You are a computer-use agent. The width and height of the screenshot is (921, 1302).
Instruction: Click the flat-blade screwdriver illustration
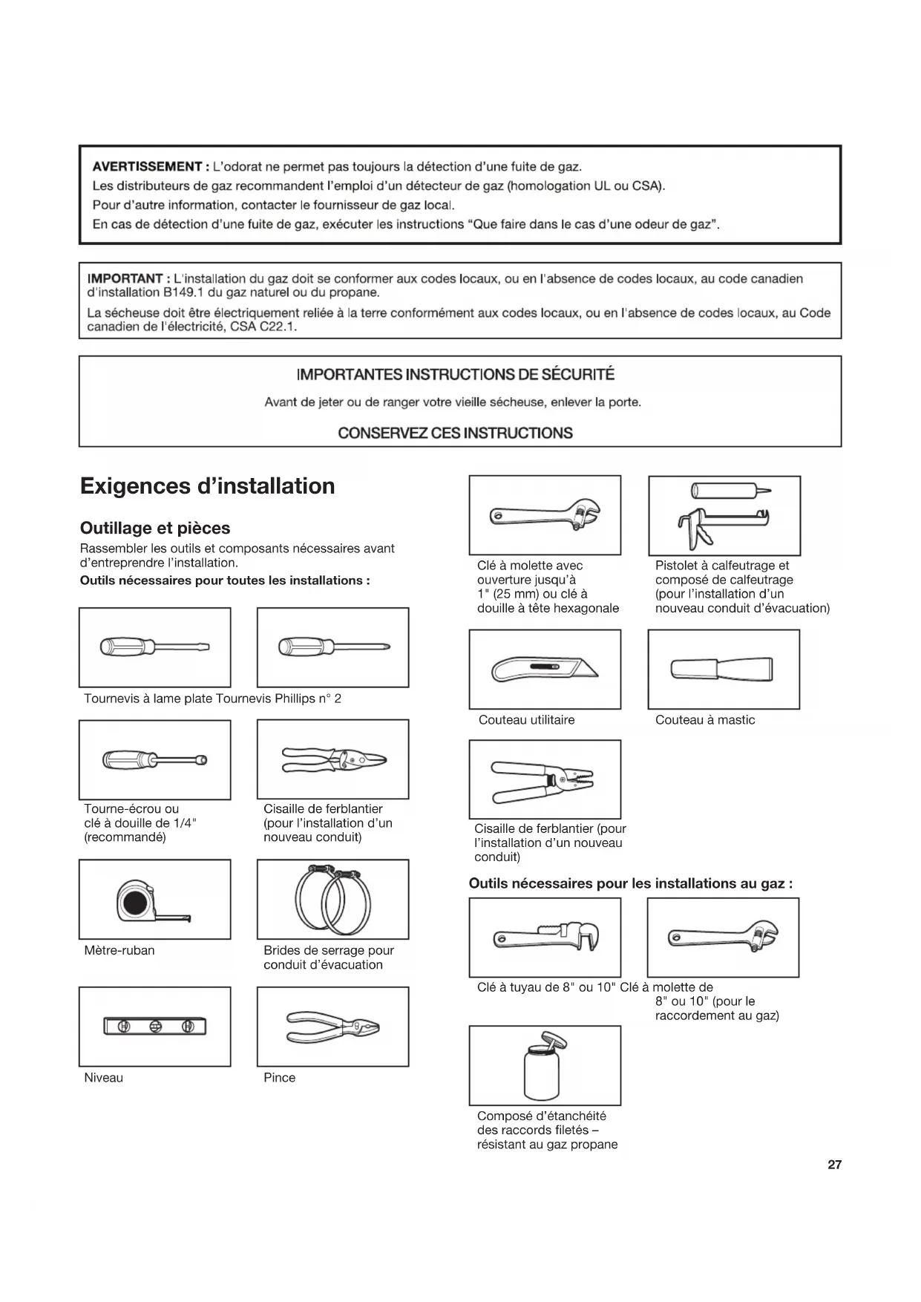point(154,647)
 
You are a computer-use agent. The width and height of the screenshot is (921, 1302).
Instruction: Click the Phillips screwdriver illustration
point(333,647)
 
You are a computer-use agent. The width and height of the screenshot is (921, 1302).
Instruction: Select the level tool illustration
point(155,1027)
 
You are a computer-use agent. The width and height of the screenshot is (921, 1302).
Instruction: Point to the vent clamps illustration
point(332,899)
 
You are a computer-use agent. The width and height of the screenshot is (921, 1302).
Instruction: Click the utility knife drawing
point(544,670)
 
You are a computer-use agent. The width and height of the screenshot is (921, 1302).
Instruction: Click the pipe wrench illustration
point(545,937)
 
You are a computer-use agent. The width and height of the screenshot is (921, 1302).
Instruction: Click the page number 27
point(834,1165)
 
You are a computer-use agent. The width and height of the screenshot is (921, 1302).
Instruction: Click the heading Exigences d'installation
point(207,486)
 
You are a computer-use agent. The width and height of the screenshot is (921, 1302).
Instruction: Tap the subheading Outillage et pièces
point(155,528)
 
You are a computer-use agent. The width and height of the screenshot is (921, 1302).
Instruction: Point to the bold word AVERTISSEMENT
point(147,166)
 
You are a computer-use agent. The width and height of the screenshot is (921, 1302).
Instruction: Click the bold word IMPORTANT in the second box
point(125,278)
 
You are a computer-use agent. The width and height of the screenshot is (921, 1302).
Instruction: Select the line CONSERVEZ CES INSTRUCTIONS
point(455,433)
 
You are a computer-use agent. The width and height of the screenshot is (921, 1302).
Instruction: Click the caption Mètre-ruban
point(119,950)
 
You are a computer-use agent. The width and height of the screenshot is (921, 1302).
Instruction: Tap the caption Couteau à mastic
point(704,719)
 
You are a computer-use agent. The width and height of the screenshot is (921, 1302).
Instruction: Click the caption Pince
point(279,1077)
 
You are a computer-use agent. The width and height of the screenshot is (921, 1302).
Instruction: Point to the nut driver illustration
point(154,759)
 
